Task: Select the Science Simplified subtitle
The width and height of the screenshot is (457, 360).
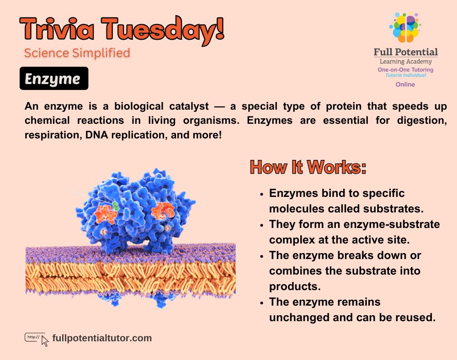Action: pyautogui.click(x=77, y=53)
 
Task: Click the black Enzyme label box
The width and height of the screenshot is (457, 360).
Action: pyautogui.click(x=53, y=79)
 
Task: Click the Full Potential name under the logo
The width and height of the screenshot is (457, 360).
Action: pyautogui.click(x=406, y=52)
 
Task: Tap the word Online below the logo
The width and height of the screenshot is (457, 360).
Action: pyautogui.click(x=405, y=85)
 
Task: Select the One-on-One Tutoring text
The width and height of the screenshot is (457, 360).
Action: pyautogui.click(x=405, y=70)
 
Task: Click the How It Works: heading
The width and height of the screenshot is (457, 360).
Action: pyautogui.click(x=308, y=167)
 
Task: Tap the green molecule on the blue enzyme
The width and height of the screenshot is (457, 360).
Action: pyautogui.click(x=116, y=205)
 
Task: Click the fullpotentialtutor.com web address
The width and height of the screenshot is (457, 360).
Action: pyautogui.click(x=102, y=338)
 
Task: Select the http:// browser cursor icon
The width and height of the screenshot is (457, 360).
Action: pyautogui.click(x=37, y=339)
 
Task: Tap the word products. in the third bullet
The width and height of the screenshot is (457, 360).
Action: pyautogui.click(x=292, y=286)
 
